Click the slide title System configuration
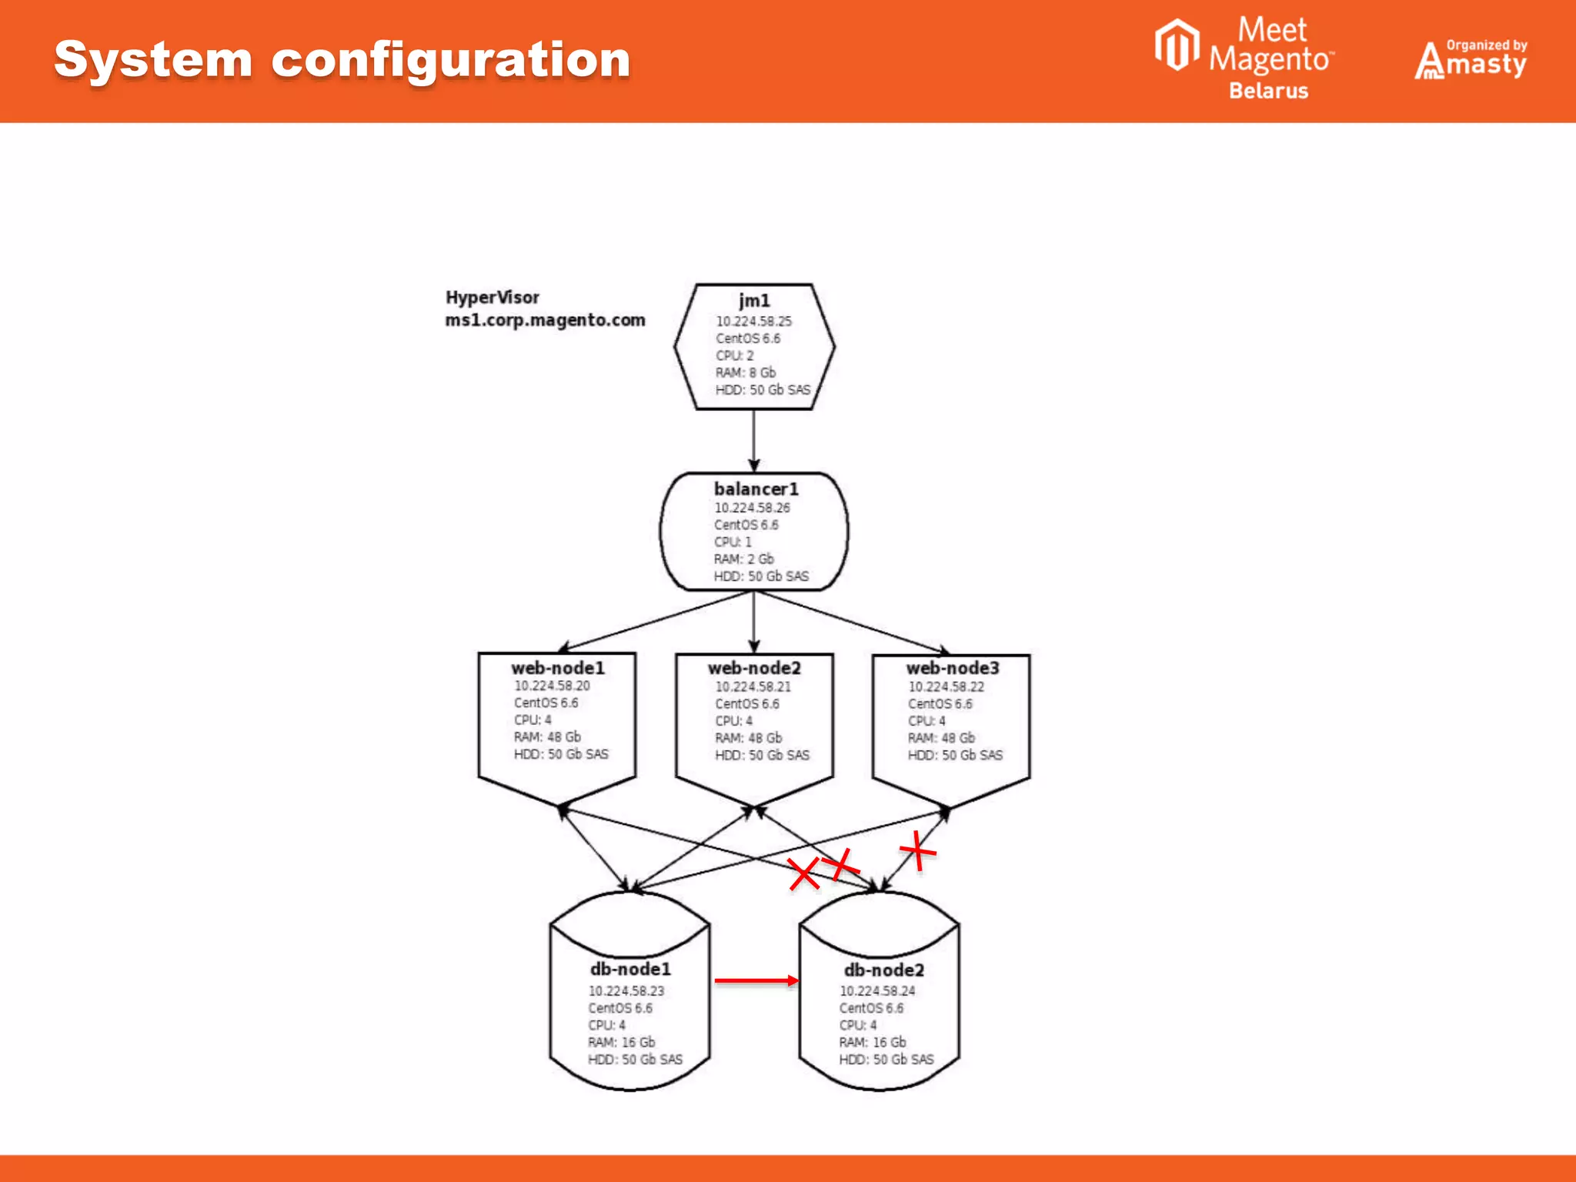coord(342,60)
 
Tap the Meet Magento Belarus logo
coord(1244,58)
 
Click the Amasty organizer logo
coord(1470,60)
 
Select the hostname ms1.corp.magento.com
coord(545,320)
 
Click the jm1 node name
coord(754,300)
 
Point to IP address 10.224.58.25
coord(753,322)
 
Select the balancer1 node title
coord(756,489)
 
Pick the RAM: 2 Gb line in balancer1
coord(743,559)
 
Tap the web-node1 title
coord(558,668)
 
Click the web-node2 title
coord(754,668)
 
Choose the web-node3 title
coord(952,668)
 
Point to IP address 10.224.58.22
coord(946,686)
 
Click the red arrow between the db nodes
coord(756,980)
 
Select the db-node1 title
coord(630,969)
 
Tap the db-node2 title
coord(883,970)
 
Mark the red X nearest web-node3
coord(917,851)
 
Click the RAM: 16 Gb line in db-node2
coord(872,1043)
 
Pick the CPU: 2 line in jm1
coord(734,356)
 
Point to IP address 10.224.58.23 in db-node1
coord(626,991)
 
